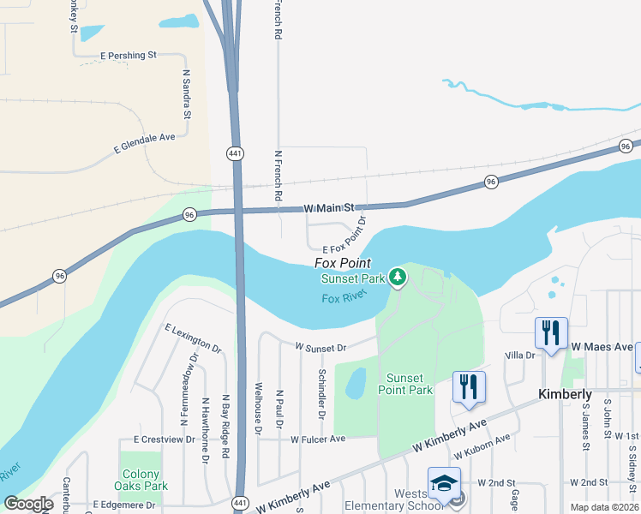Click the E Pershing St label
pos(129,55)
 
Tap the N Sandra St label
pos(185,96)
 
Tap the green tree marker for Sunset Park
pos(397,277)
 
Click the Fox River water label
pos(344,296)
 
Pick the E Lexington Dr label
pos(193,339)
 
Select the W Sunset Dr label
pos(320,348)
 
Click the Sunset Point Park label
pos(409,384)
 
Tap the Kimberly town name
pos(565,394)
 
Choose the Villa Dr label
pos(519,355)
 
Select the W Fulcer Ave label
pos(317,439)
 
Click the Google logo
pos(29,504)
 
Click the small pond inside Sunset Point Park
pos(356,384)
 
